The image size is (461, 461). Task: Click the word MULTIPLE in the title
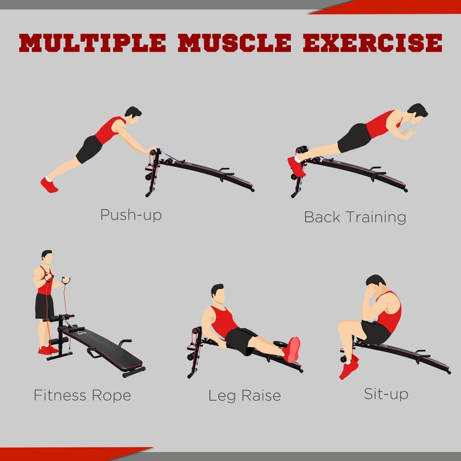(92, 43)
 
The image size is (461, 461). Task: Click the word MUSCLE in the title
(235, 43)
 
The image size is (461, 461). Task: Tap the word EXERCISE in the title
(372, 43)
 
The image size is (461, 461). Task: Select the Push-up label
(131, 215)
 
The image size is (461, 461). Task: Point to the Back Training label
(355, 217)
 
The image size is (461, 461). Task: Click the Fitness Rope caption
(83, 395)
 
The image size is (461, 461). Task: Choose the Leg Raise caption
(244, 396)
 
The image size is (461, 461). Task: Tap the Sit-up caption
(386, 394)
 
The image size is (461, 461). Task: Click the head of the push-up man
(133, 115)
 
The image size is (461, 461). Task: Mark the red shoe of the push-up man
(49, 185)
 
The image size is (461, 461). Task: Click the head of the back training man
(417, 113)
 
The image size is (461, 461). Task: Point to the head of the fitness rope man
(47, 257)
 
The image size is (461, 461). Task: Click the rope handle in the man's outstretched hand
(66, 280)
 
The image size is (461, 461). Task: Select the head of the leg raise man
(218, 293)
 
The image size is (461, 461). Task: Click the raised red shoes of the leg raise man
(292, 350)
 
